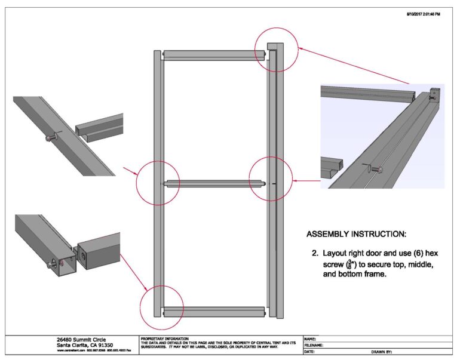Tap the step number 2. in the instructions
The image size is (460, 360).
pos(315,253)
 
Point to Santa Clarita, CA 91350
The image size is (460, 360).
pos(81,346)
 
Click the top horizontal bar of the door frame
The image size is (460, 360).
pos(214,55)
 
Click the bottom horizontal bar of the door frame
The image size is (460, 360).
pos(214,311)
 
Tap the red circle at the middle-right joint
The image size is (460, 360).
pos(270,177)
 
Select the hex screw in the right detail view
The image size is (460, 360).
pos(376,169)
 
